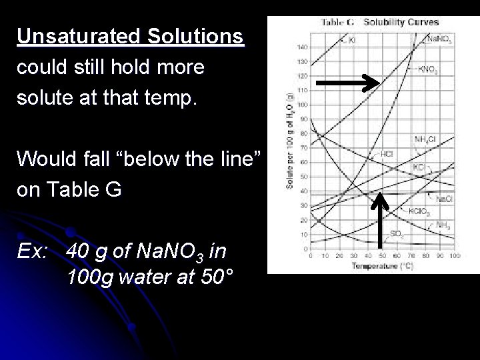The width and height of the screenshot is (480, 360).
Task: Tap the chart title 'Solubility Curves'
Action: pyautogui.click(x=401, y=23)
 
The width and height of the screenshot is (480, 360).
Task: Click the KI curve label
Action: pyautogui.click(x=352, y=40)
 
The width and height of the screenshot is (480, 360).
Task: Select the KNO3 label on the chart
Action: pyautogui.click(x=427, y=69)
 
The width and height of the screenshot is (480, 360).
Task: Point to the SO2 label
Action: pyautogui.click(x=396, y=233)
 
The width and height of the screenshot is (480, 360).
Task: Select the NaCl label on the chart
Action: pyautogui.click(x=443, y=198)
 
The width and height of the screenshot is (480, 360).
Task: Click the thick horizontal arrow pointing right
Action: pyautogui.click(x=347, y=83)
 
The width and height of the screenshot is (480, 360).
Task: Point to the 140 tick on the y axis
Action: pyautogui.click(x=302, y=47)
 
